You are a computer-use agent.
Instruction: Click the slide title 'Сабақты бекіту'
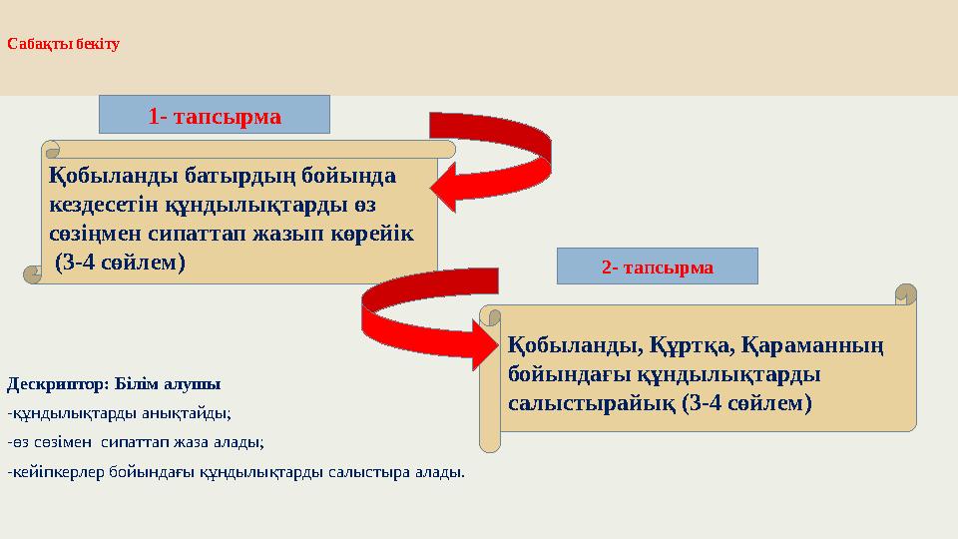[x=63, y=45]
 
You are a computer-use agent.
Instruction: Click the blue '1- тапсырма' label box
[x=214, y=116]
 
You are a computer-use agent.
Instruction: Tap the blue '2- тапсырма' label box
[x=657, y=267]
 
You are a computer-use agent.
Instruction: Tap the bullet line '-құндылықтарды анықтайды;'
[x=119, y=412]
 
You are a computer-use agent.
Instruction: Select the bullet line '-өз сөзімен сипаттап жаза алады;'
[x=136, y=441]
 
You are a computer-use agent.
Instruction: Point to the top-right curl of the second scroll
[x=905, y=293]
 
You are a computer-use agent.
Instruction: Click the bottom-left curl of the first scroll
[x=33, y=273]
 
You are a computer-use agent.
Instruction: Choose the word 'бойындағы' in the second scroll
[x=565, y=375]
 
